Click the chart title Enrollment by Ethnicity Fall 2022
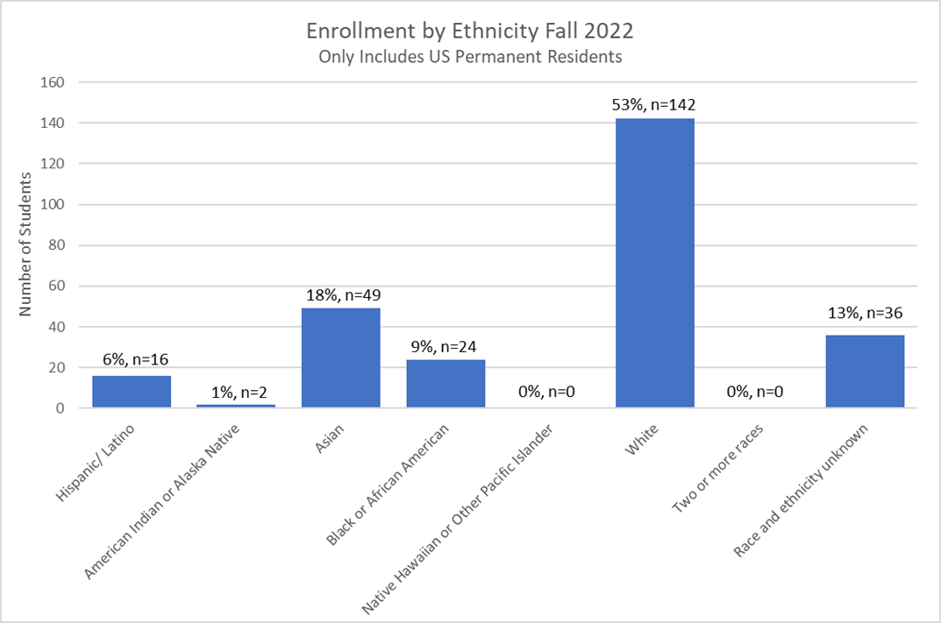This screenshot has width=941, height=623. (x=470, y=31)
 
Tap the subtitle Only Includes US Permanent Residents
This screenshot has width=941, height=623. (x=470, y=58)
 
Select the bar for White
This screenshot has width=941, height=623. (x=655, y=263)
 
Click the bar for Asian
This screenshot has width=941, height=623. (x=340, y=358)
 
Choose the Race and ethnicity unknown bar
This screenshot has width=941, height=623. (x=865, y=372)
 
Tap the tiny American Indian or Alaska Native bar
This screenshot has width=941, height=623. (x=236, y=406)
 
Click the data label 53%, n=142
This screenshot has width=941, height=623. (x=655, y=105)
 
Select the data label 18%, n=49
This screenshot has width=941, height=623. (x=340, y=294)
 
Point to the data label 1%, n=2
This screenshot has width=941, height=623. (x=236, y=392)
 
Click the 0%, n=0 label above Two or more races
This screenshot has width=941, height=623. (x=759, y=393)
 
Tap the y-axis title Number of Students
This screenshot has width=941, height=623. (x=25, y=244)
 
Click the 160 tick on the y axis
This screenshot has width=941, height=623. (x=53, y=82)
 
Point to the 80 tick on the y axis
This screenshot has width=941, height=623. (x=57, y=245)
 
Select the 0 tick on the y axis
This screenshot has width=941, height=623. (x=61, y=408)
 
